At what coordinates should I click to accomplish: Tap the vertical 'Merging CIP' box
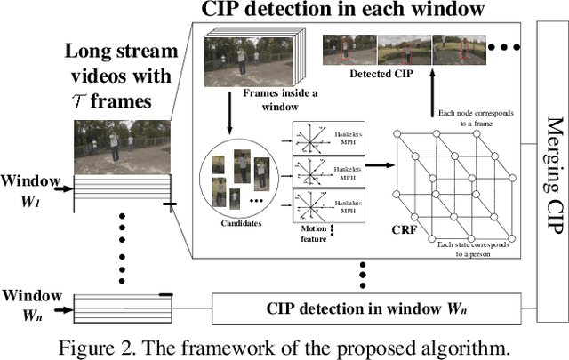(x=552, y=169)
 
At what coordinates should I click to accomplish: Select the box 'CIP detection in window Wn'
(x=373, y=308)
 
